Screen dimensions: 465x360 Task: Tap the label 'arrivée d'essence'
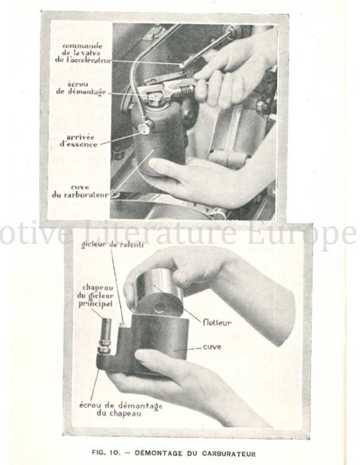tap(80, 140)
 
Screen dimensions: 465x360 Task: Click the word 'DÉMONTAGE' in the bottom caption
tap(159, 452)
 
